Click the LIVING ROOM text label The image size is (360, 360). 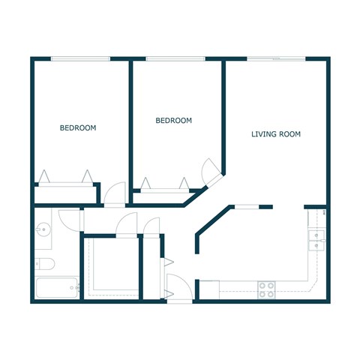coord(275,134)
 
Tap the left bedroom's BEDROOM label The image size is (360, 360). coord(78,128)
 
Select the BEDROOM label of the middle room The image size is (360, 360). coord(173,120)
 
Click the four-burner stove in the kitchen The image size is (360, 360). coord(266,289)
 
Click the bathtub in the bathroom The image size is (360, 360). coord(57,288)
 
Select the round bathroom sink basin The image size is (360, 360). coord(42,229)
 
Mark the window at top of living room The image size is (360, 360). coord(276,58)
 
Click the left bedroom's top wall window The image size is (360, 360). coord(80,58)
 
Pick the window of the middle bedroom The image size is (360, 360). coord(175,58)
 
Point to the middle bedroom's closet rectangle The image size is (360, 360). coord(163,190)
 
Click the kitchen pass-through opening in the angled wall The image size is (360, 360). coord(251,206)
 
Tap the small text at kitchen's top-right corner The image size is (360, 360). coord(323,214)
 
